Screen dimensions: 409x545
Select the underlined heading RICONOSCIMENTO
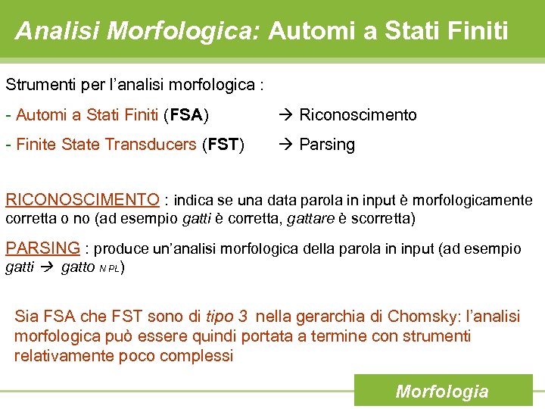83,200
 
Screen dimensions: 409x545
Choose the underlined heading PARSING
42,248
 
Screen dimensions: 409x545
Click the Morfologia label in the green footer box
442,392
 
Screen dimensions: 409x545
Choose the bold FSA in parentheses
186,115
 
